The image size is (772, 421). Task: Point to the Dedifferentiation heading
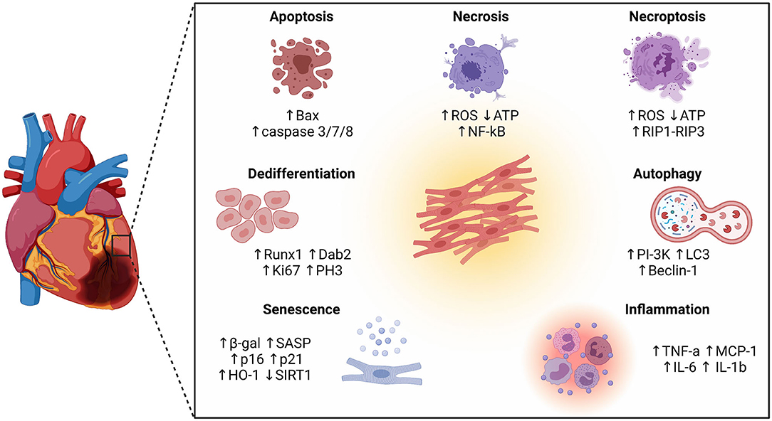point(302,174)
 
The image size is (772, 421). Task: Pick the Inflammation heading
point(667,309)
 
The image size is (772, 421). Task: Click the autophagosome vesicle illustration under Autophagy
point(688,218)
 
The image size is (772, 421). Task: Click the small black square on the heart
point(120,245)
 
